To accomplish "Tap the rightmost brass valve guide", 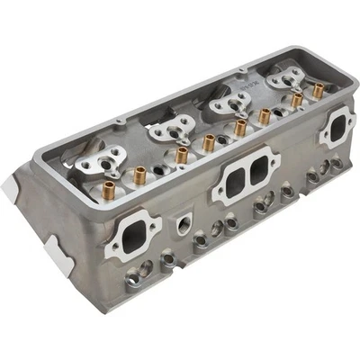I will coord(318,90).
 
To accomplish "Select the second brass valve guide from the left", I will coord(182,155).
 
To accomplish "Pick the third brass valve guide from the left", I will coord(209,141).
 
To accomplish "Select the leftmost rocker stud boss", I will coord(98,163).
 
